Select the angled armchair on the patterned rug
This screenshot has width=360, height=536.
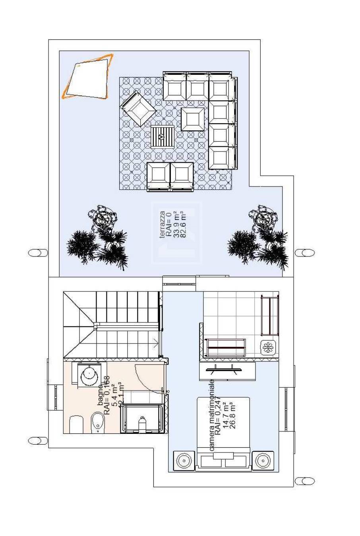coord(138,109)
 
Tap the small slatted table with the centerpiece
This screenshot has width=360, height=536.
coord(162,137)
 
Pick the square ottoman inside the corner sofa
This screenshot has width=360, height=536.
coord(193,119)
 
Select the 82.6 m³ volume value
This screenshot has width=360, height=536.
coord(183,225)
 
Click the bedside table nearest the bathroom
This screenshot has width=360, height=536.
coord(184,461)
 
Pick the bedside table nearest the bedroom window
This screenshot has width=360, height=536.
coord(263,461)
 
